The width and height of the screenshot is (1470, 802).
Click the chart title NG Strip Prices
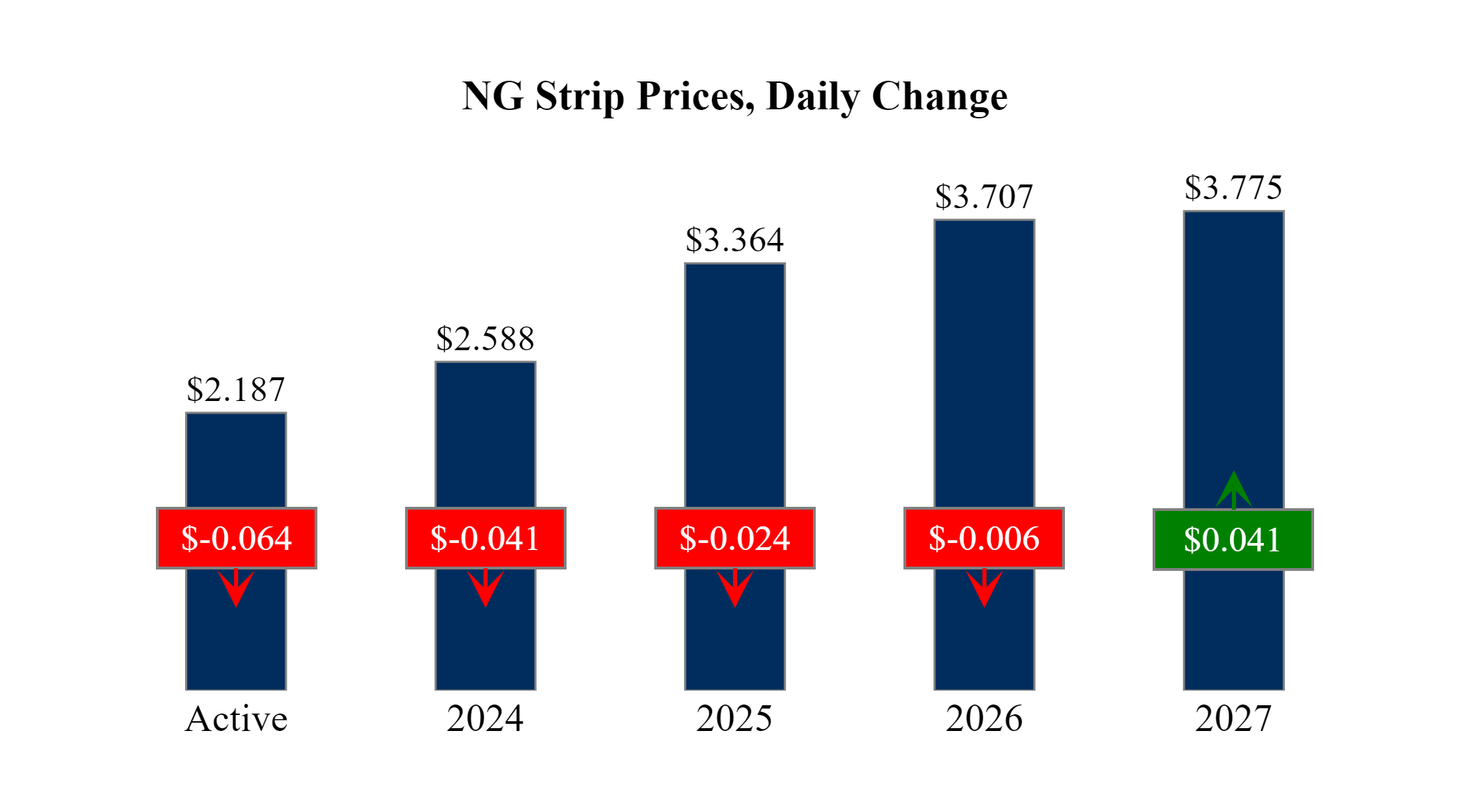[734, 96]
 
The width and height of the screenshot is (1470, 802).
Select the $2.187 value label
[236, 390]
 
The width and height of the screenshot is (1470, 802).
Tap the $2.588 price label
[485, 339]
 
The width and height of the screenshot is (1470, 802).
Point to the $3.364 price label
[734, 240]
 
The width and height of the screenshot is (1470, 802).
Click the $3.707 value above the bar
[984, 197]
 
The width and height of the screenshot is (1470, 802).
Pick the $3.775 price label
[1233, 188]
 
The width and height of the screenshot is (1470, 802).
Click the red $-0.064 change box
[237, 538]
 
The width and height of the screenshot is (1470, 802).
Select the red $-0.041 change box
[485, 538]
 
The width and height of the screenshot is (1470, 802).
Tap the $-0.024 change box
[734, 538]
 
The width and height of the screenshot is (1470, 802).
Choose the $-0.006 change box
[984, 538]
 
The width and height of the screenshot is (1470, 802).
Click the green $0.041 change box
[1233, 540]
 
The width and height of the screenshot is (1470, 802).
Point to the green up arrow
[1233, 489]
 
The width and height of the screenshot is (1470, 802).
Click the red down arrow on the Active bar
[236, 588]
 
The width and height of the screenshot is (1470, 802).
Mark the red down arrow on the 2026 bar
[984, 588]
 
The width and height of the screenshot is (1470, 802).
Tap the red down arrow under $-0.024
[735, 588]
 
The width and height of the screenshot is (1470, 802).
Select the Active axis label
[236, 718]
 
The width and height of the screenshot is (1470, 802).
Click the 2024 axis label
[485, 718]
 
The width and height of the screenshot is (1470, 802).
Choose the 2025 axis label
[734, 718]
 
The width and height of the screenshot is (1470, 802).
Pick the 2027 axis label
[1233, 718]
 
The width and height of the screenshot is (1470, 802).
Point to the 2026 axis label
[984, 718]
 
